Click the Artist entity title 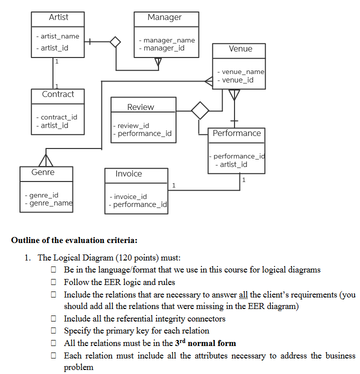pos(58,17)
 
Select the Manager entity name pos(164,17)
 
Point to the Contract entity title pos(58,94)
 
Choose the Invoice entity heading pos(128,174)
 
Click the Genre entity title pos(43,172)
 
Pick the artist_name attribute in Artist pos(59,36)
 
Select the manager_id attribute pos(163,48)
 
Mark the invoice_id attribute pos(129,196)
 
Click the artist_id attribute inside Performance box pos(230,164)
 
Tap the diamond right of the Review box pos(200,110)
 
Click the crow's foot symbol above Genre pos(46,160)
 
